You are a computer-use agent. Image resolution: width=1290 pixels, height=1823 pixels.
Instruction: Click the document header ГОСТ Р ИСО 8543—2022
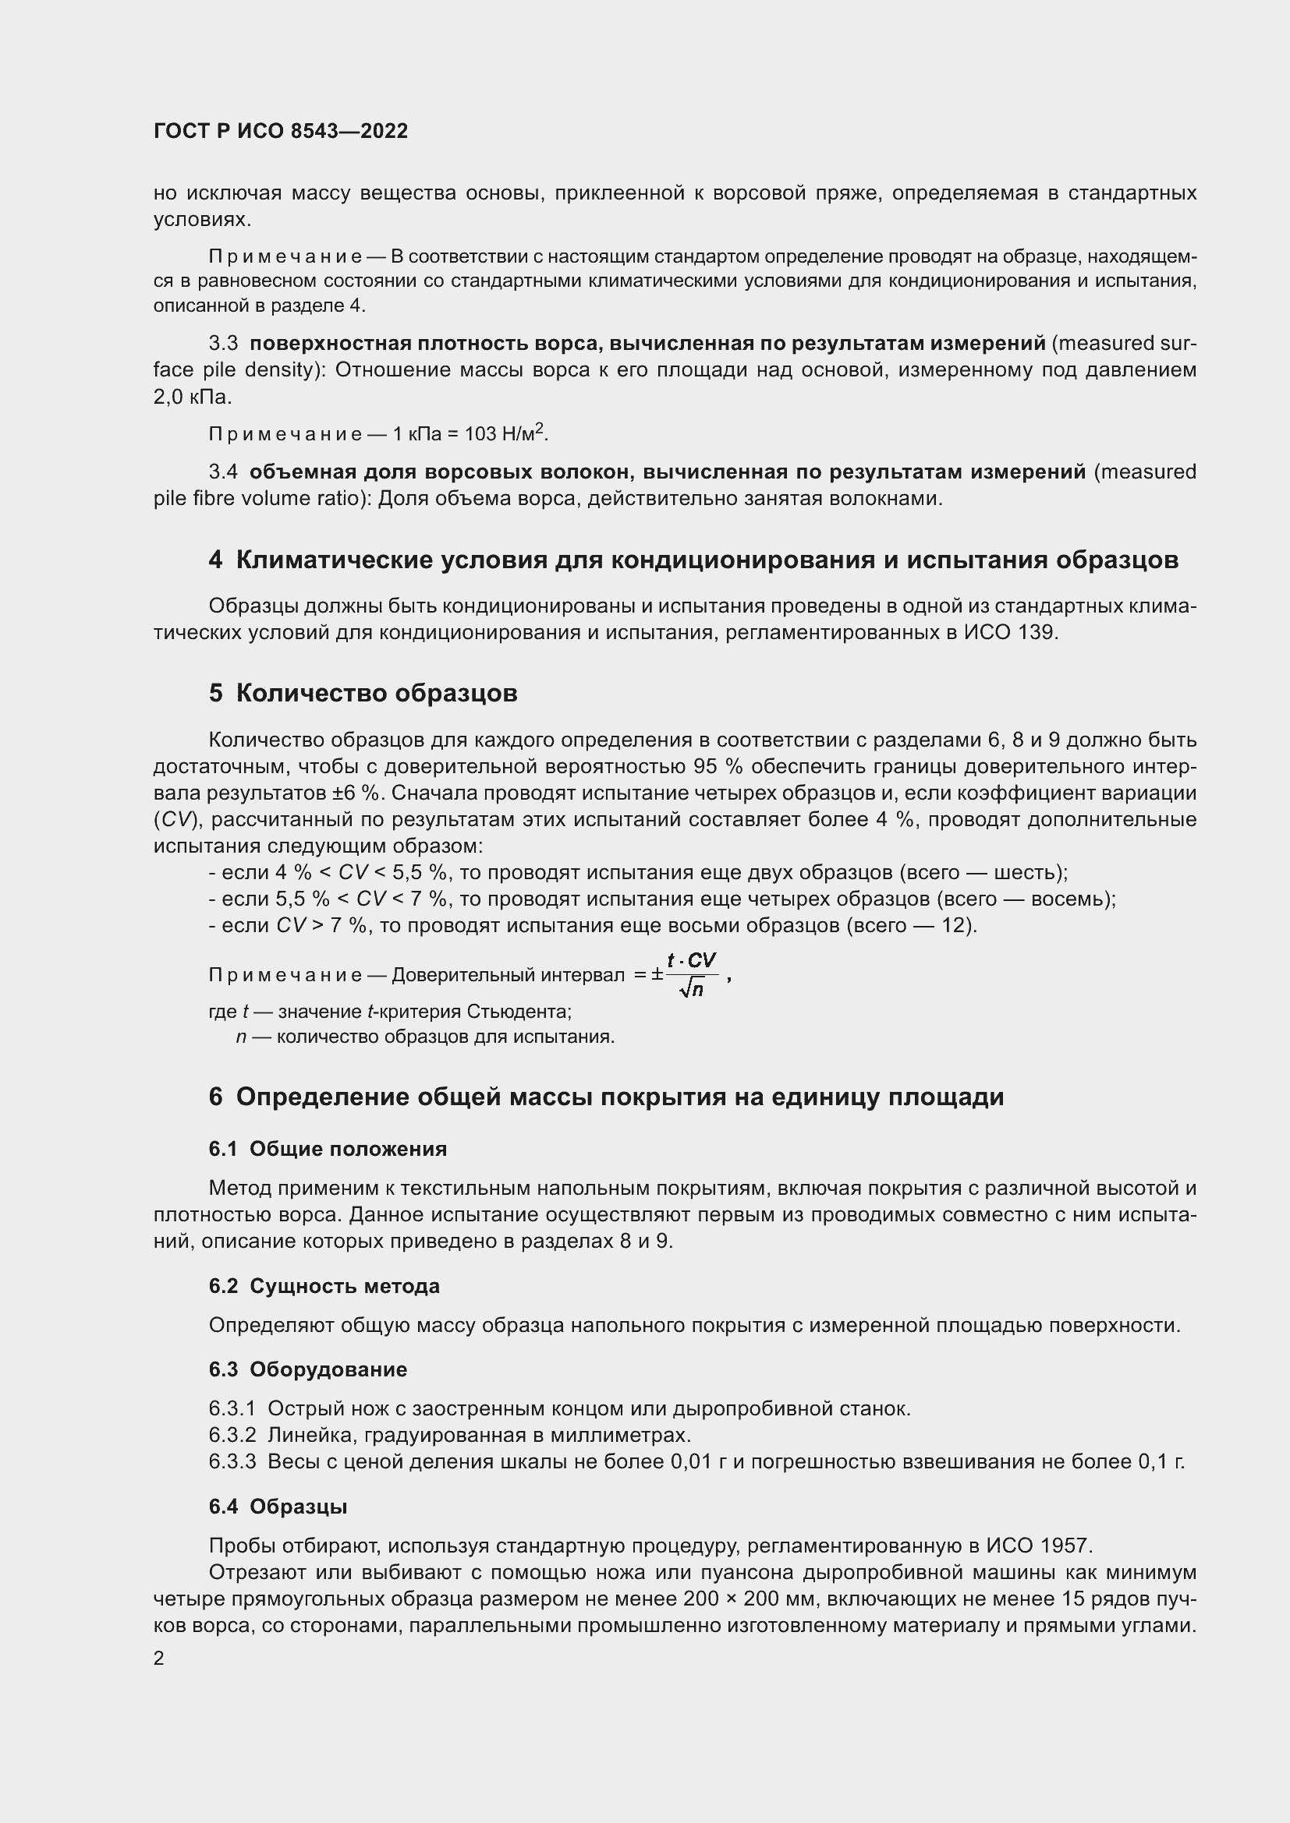click(281, 132)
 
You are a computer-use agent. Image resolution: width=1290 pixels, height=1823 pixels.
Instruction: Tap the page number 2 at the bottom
click(159, 1659)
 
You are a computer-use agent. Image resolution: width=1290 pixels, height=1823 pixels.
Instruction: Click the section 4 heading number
click(215, 560)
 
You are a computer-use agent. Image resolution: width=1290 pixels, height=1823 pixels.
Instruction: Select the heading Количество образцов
click(377, 693)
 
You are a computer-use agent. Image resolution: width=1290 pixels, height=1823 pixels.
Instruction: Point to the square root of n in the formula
click(692, 989)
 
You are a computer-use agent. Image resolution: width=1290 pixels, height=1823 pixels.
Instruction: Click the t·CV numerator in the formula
click(692, 961)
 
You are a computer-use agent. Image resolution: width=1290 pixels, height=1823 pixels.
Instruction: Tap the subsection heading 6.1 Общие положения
click(328, 1149)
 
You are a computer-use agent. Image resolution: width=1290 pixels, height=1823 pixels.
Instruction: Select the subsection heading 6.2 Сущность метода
click(324, 1286)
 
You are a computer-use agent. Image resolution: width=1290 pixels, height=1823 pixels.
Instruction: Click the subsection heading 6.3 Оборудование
click(307, 1369)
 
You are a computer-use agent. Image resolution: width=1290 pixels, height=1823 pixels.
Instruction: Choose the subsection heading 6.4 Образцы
click(278, 1507)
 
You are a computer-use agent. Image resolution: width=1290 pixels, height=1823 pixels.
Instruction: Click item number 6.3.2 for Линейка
click(232, 1436)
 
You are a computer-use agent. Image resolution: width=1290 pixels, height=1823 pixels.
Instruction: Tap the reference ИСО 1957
click(1039, 1546)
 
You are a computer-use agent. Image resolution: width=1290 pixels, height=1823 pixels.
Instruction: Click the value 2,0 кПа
click(192, 397)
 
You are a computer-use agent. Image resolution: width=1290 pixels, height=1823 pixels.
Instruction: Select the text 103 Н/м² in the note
click(507, 433)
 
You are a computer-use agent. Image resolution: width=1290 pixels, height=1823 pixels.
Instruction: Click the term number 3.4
click(223, 472)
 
